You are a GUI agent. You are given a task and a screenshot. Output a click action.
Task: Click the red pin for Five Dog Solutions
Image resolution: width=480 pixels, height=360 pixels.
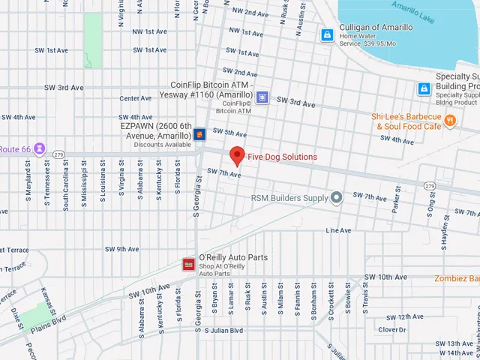pyautogui.click(x=238, y=154)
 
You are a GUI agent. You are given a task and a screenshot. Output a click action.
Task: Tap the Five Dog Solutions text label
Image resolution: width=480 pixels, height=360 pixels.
pyautogui.click(x=282, y=157)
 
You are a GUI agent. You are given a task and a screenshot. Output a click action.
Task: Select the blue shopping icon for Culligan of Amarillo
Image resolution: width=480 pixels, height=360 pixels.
pyautogui.click(x=327, y=35)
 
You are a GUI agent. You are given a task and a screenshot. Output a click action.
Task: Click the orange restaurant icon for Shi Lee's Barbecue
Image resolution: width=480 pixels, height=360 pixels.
pyautogui.click(x=450, y=121)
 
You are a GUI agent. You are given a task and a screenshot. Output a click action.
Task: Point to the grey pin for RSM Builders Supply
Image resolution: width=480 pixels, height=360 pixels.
pyautogui.click(x=337, y=198)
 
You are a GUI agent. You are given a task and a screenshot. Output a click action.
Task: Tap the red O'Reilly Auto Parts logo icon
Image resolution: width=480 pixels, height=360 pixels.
pyautogui.click(x=189, y=263)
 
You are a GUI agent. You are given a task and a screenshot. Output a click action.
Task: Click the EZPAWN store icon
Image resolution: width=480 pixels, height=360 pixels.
pyautogui.click(x=199, y=134)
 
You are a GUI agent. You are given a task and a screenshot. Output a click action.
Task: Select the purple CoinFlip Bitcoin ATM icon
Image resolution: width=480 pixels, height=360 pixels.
pyautogui.click(x=262, y=96)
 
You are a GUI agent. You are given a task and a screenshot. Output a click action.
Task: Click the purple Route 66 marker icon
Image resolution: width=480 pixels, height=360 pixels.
pyautogui.click(x=40, y=149)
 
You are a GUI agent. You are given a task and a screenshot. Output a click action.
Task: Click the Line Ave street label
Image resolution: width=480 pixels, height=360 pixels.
pyautogui.click(x=338, y=230)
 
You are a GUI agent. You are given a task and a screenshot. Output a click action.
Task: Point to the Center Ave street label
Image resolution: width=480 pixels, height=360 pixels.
pyautogui.click(x=136, y=98)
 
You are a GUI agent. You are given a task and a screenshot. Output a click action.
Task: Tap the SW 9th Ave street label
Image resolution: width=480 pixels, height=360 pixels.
pyautogui.click(x=121, y=249)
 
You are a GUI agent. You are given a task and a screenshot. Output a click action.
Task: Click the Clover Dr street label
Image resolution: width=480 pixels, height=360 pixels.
pyautogui.click(x=391, y=329)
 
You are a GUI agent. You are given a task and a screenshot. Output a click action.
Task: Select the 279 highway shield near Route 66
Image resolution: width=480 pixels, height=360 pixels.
pyautogui.click(x=58, y=154)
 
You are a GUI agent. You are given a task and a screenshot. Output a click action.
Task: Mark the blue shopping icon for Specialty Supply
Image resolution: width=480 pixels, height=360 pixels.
pyautogui.click(x=424, y=89)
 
